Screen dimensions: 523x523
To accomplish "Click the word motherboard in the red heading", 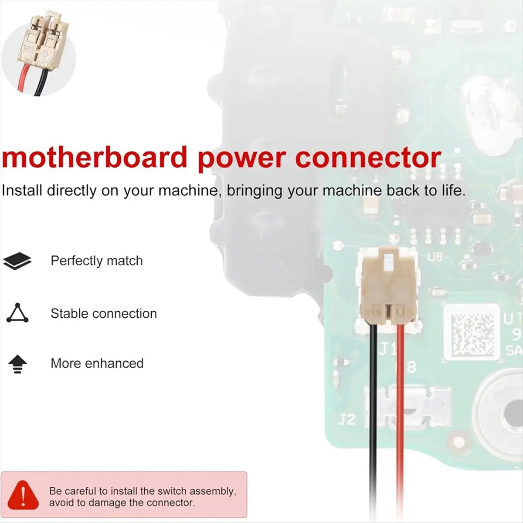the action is pyautogui.click(x=94, y=158).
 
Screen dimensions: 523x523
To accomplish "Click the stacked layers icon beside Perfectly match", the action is pyautogui.click(x=17, y=261).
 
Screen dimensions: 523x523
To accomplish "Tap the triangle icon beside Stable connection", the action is pyautogui.click(x=17, y=313).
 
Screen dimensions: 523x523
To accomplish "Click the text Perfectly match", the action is pyautogui.click(x=97, y=261).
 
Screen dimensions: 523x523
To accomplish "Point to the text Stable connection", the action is pyautogui.click(x=104, y=313).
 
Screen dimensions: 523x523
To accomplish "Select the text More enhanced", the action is pyautogui.click(x=97, y=363).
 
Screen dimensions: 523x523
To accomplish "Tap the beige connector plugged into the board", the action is pyautogui.click(x=388, y=288).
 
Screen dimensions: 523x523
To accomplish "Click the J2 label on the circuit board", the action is pyautogui.click(x=347, y=420).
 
